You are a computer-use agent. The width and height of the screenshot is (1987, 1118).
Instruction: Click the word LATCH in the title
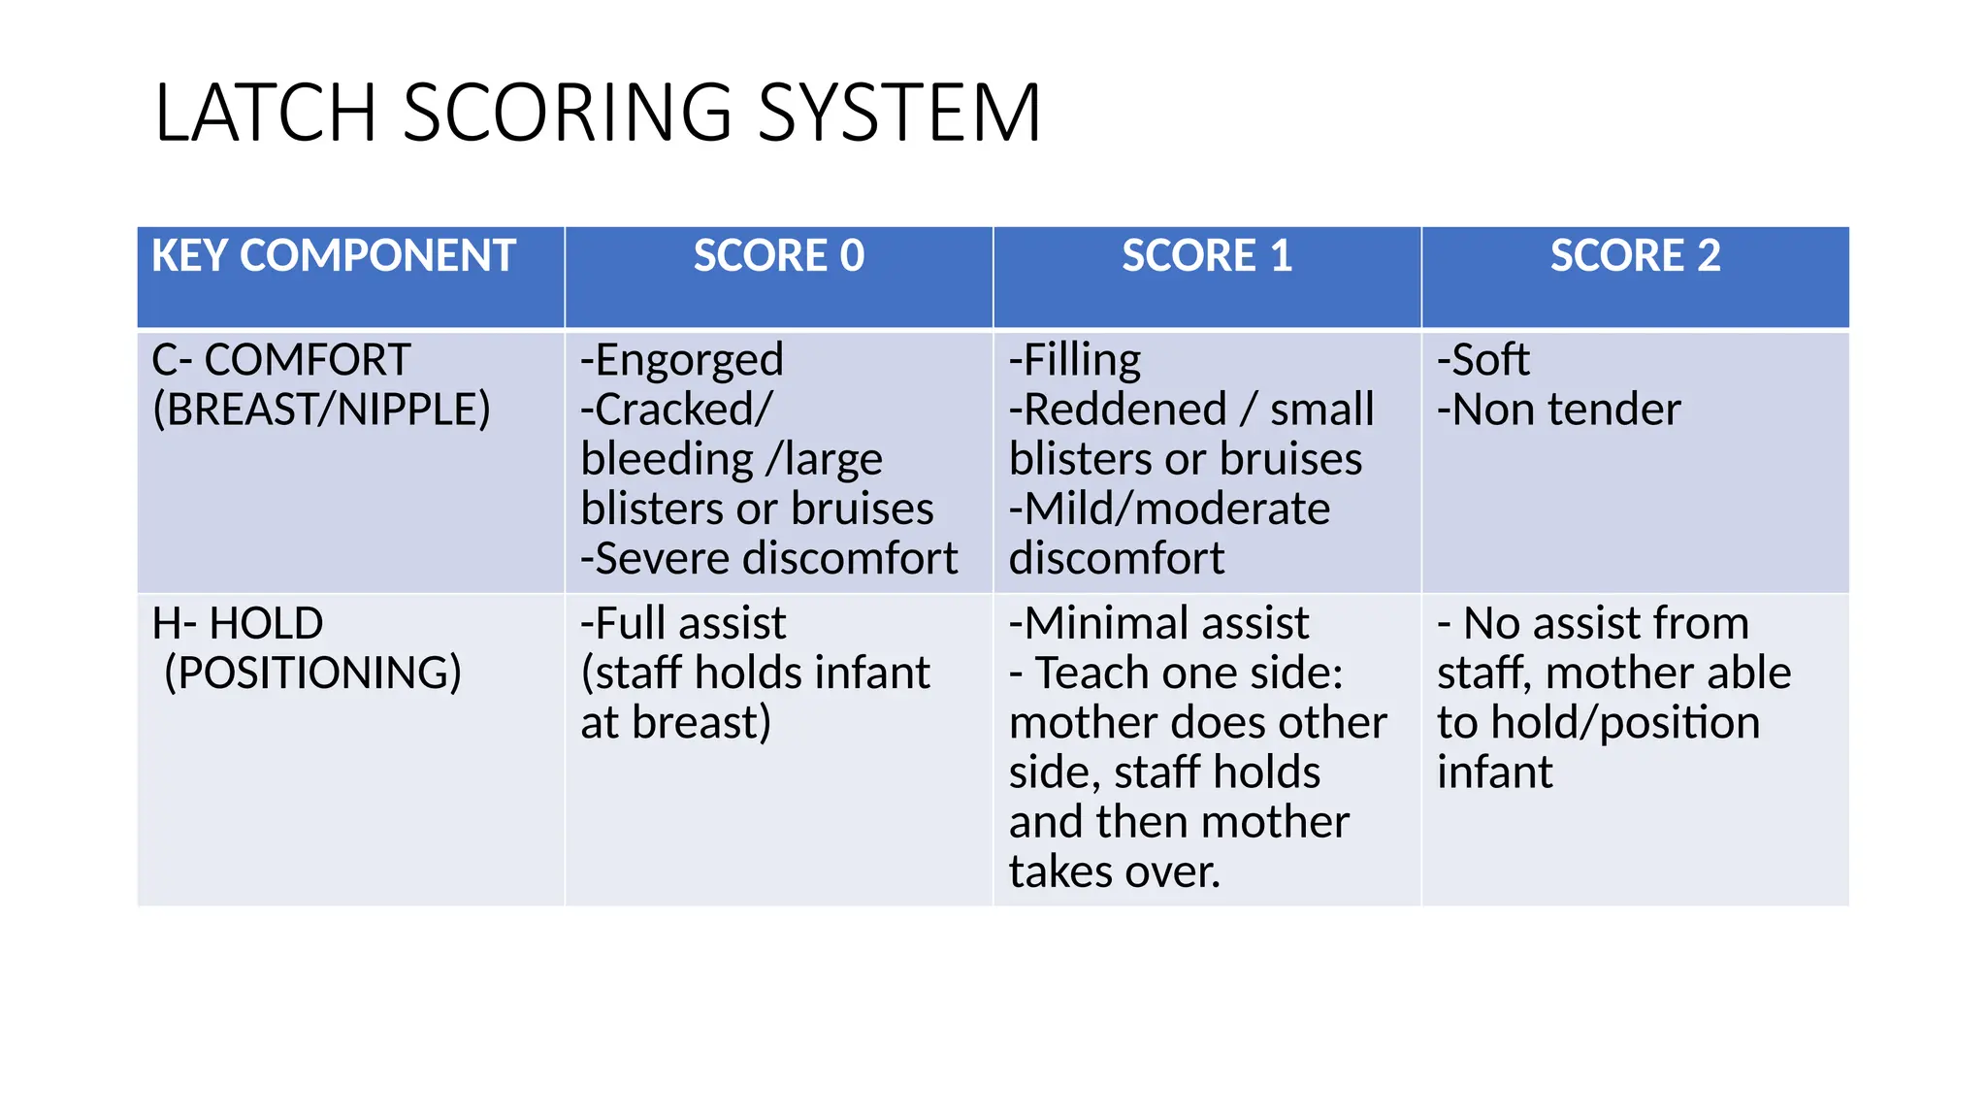pyautogui.click(x=264, y=114)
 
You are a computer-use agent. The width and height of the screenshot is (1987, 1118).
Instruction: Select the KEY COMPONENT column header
pyautogui.click(x=333, y=256)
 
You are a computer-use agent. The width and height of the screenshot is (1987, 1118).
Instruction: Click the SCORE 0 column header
pyautogui.click(x=778, y=256)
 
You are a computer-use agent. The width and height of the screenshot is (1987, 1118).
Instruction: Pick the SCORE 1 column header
pyautogui.click(x=1207, y=256)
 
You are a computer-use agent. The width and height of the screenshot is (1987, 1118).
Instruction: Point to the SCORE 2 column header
pyautogui.click(x=1635, y=256)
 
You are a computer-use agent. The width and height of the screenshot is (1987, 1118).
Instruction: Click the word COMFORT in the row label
pyautogui.click(x=308, y=360)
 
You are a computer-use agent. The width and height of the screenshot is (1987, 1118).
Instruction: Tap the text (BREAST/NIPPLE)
pyautogui.click(x=321, y=410)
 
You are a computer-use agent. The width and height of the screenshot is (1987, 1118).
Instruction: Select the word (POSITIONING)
pyautogui.click(x=312, y=673)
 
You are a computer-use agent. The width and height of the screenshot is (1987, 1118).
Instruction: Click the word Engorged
pyautogui.click(x=688, y=360)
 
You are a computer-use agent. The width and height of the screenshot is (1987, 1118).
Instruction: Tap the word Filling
pyautogui.click(x=1082, y=360)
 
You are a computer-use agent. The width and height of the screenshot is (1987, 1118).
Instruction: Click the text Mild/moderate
pyautogui.click(x=1176, y=510)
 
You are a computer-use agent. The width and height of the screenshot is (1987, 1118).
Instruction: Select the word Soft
pyautogui.click(x=1489, y=360)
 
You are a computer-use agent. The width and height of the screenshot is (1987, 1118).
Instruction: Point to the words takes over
pyautogui.click(x=1114, y=871)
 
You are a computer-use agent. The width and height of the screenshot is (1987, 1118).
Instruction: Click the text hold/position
pyautogui.click(x=1625, y=723)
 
